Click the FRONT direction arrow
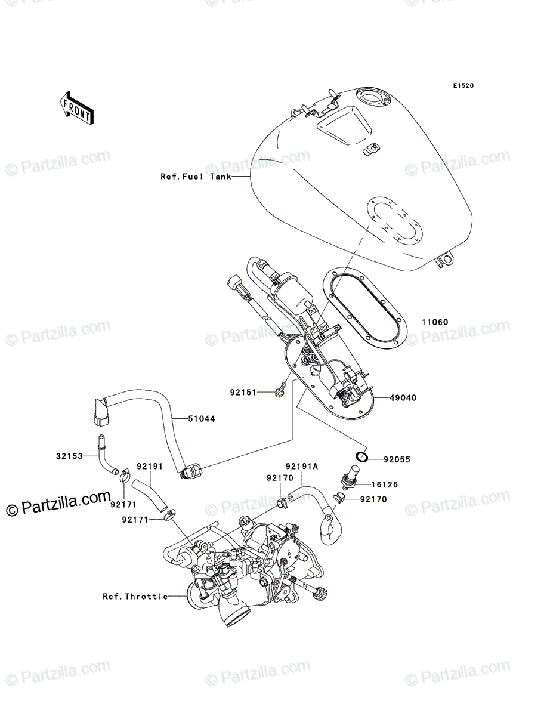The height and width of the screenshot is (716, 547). click(x=76, y=108)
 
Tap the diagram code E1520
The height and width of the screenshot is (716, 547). click(x=463, y=86)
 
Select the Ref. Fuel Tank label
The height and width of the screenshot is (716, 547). click(x=196, y=177)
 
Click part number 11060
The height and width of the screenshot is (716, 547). click(x=435, y=322)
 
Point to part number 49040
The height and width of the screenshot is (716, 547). click(x=403, y=397)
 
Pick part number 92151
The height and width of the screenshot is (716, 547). click(x=243, y=393)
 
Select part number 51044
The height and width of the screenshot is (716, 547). click(x=202, y=418)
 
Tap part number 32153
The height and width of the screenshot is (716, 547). click(x=69, y=456)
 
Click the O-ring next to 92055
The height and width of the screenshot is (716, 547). click(x=361, y=456)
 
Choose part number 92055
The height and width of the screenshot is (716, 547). click(x=397, y=459)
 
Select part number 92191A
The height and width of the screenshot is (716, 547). click(x=302, y=467)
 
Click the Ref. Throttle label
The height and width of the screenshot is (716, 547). click(x=135, y=597)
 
